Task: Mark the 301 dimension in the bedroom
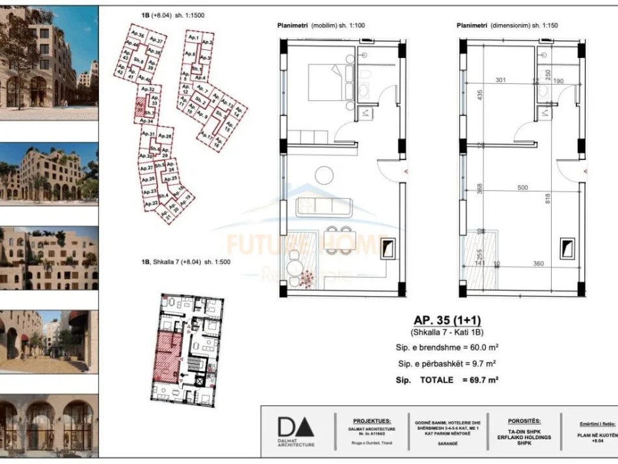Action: pos(500,81)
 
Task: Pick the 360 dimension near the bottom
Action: pos(539,264)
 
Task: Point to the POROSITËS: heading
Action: pos(524,421)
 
